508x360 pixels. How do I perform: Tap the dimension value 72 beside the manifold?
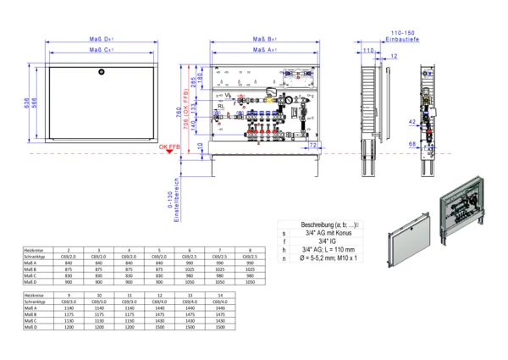tap(313, 147)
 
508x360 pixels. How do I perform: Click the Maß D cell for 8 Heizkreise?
tap(250, 281)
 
